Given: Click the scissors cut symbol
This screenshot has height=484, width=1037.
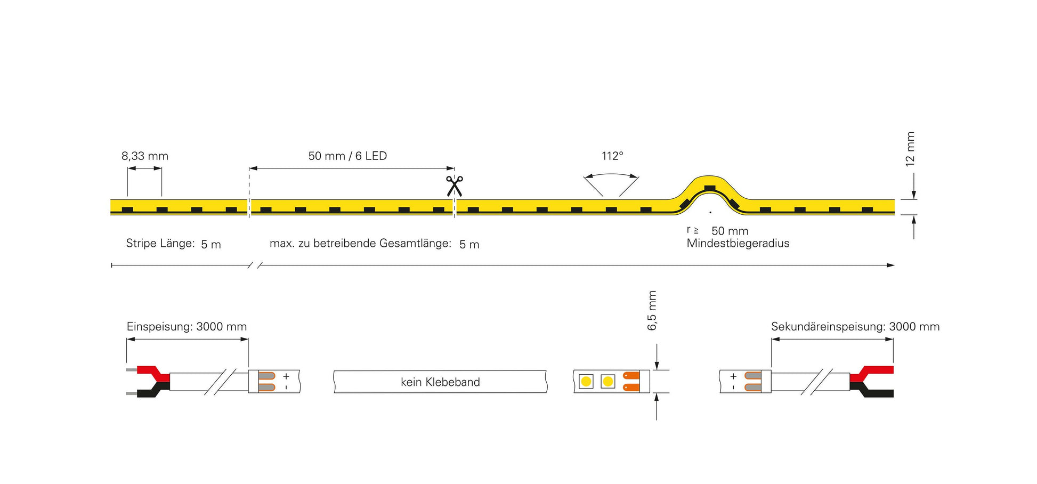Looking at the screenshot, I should point(454,186).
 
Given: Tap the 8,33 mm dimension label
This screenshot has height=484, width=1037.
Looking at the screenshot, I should point(145,156).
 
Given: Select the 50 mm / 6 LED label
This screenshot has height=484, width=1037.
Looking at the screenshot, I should point(347,156).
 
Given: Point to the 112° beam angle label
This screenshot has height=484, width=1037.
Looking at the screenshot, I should point(612,156).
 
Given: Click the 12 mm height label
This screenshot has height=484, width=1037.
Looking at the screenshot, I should point(910,149).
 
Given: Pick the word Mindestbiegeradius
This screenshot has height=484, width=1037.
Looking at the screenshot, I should point(738,244).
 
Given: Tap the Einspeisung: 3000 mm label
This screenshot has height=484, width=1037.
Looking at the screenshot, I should point(187,327).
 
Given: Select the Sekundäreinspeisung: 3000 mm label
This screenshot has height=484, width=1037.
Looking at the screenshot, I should point(855,327).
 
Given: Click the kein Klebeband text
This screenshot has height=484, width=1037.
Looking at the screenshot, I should point(440,382).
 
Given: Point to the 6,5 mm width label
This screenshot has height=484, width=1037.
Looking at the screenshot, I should point(652,310).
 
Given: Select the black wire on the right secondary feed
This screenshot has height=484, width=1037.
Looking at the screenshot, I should point(874,393).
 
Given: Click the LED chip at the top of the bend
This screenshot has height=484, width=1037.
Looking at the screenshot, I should point(709,188).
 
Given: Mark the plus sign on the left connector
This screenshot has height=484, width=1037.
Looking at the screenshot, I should point(286,376).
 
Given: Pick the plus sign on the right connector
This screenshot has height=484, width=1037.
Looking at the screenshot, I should point(733,376).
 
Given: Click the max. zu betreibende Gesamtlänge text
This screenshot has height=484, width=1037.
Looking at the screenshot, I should point(360,244).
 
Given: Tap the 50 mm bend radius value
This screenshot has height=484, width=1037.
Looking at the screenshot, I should point(730,231).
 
